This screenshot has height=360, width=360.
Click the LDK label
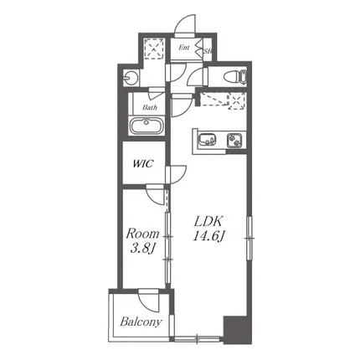pyautogui.click(x=208, y=222)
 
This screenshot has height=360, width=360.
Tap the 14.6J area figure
pyautogui.click(x=208, y=236)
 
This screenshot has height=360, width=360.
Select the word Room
pyautogui.click(x=142, y=234)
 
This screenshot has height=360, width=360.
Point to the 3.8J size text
pyautogui.click(x=142, y=248)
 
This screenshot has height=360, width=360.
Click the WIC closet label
pyautogui.click(x=143, y=163)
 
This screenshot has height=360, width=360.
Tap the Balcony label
pyautogui.click(x=141, y=321)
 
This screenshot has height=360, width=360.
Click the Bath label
pyautogui.click(x=150, y=107)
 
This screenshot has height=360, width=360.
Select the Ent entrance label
pyautogui.click(x=184, y=48)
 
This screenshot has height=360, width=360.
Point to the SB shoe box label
pyautogui.click(x=208, y=51)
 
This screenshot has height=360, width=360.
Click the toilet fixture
pyautogui.click(x=235, y=76)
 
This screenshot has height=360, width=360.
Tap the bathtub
pyautogui.click(x=146, y=126)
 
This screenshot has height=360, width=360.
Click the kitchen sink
pyautogui.click(x=207, y=139)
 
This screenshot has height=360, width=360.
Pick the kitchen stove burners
pyautogui.click(x=235, y=140)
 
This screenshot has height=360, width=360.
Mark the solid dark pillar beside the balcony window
pyautogui.click(x=238, y=330)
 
